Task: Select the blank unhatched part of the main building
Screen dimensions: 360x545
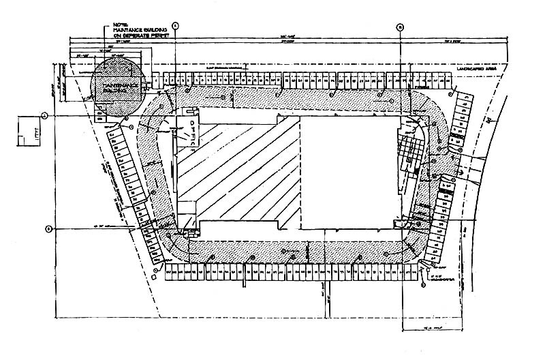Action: pyautogui.click(x=347, y=170)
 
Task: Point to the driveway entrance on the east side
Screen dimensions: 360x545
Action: pyautogui.click(x=477, y=164)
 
